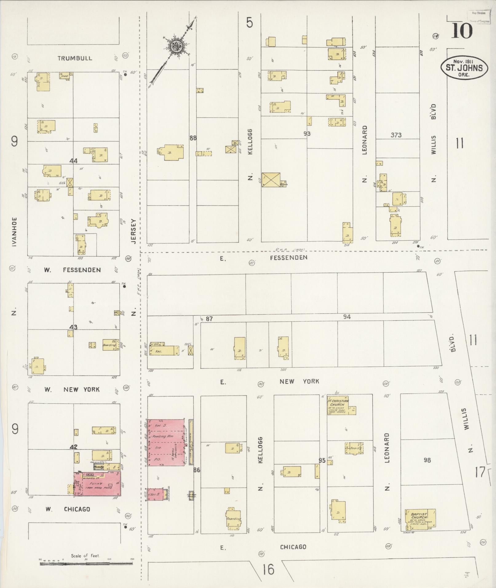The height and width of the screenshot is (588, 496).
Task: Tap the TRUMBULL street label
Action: tap(75, 58)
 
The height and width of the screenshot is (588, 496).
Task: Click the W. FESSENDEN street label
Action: tap(73, 270)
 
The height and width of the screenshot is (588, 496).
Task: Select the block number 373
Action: tap(396, 135)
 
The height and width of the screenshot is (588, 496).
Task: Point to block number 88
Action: tap(193, 138)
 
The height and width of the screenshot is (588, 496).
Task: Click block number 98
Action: tap(427, 460)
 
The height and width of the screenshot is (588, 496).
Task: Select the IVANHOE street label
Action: tap(14, 232)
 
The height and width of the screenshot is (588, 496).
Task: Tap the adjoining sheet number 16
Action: tap(268, 569)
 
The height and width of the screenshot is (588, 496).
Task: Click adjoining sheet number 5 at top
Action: tap(249, 23)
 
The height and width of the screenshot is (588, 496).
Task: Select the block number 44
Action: tap(73, 161)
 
